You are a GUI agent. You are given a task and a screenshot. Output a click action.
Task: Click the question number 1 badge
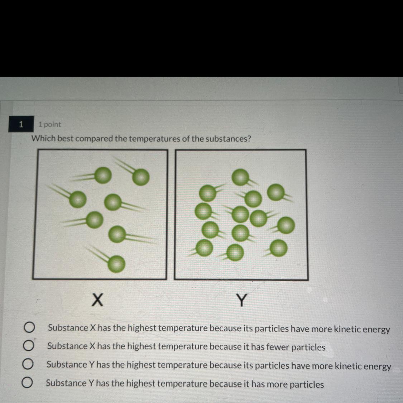21,124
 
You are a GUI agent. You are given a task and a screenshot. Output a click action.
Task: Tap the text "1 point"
49,124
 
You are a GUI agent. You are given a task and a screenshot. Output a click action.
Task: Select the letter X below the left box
97,300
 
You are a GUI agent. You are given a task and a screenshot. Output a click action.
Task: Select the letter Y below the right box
241,300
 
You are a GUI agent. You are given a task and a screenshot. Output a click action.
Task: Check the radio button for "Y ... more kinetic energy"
28,364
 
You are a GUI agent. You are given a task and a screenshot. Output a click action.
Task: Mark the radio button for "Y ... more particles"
27,383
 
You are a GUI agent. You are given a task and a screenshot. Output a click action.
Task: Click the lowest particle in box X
116,264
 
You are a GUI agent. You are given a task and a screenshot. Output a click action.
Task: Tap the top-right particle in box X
141,177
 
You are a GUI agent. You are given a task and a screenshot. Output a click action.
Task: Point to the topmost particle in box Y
240,177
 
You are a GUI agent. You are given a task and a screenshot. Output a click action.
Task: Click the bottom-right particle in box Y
279,248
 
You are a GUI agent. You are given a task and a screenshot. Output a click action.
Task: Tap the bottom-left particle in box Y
204,248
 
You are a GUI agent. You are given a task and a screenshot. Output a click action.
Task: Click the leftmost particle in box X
78,199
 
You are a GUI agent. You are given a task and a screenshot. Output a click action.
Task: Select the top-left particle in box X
103,175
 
